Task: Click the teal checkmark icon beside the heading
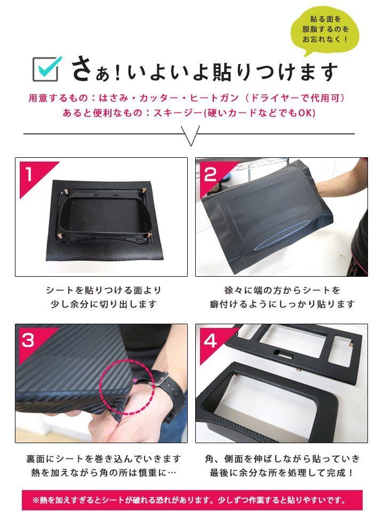[x=49, y=66]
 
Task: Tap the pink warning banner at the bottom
[x=192, y=500]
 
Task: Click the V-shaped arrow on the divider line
[x=191, y=135]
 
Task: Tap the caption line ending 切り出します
[x=103, y=304]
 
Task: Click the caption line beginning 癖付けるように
[x=282, y=304]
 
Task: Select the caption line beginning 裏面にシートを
[x=103, y=459]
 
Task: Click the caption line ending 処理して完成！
[x=282, y=472]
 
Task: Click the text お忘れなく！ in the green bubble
[x=325, y=39]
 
